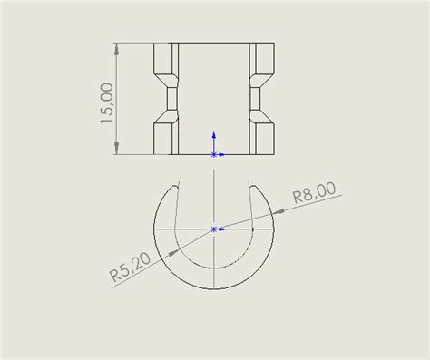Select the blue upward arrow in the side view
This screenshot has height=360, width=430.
tap(214, 137)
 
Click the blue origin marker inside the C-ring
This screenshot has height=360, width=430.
tap(214, 229)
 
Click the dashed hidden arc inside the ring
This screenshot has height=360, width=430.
tap(214, 268)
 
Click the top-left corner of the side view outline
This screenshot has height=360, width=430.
tap(153, 42)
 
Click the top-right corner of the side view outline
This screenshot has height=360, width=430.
tap(274, 42)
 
